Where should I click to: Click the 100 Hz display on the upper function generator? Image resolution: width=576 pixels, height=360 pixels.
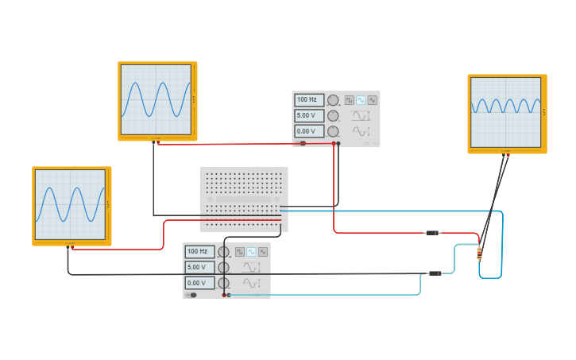[x=309, y=100]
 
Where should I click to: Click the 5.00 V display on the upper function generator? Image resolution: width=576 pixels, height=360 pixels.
[x=309, y=115]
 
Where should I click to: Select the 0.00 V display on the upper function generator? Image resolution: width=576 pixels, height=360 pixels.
[x=309, y=131]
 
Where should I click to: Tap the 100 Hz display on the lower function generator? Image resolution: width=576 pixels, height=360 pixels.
[x=199, y=252]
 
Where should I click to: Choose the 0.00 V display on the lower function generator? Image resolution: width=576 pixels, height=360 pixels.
[x=199, y=283]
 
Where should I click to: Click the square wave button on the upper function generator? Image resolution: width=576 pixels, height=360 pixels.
[x=350, y=100]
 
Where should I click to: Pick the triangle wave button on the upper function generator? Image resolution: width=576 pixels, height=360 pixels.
[x=372, y=100]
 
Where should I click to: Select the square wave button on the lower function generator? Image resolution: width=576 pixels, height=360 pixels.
[x=240, y=252]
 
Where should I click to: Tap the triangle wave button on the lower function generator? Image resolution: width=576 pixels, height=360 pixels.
[x=262, y=252]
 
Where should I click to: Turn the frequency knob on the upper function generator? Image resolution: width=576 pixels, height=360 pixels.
[x=333, y=100]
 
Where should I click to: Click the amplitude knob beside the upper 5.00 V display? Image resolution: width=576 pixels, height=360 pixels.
[x=333, y=115]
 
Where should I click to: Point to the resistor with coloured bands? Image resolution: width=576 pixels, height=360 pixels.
[x=479, y=254]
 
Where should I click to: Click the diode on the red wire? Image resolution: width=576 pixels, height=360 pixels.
[x=433, y=233]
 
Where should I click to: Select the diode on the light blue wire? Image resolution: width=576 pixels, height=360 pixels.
[x=435, y=273]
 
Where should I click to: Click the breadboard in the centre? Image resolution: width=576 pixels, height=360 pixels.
[x=244, y=199]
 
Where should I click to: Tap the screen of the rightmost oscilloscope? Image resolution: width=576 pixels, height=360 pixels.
[x=506, y=111]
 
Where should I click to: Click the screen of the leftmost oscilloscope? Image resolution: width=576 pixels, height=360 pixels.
[x=71, y=204]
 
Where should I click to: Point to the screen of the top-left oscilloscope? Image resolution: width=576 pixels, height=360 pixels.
[x=157, y=99]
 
